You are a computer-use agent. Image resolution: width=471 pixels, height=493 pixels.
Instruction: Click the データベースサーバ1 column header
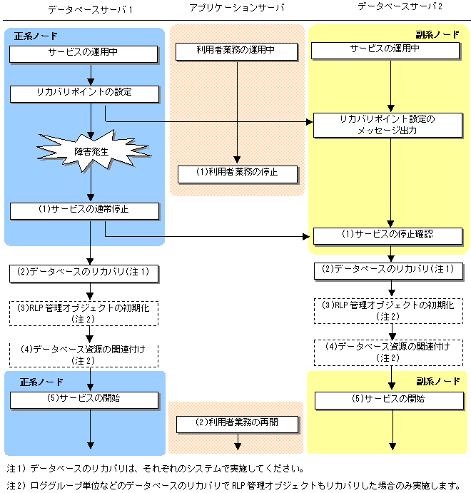90,9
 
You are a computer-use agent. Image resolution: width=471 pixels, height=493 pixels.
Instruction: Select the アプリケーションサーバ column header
236,8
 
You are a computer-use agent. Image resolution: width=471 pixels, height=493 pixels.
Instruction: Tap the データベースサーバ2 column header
390,6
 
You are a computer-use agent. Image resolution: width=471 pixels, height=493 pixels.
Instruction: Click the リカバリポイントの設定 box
83,93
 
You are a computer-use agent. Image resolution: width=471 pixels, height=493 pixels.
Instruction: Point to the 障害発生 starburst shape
89,151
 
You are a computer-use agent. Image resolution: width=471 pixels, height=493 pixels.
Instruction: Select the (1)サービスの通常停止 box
83,210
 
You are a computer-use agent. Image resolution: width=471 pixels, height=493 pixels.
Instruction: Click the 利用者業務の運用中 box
235,52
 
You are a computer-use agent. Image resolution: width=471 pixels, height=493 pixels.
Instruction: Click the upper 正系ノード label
36,36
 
